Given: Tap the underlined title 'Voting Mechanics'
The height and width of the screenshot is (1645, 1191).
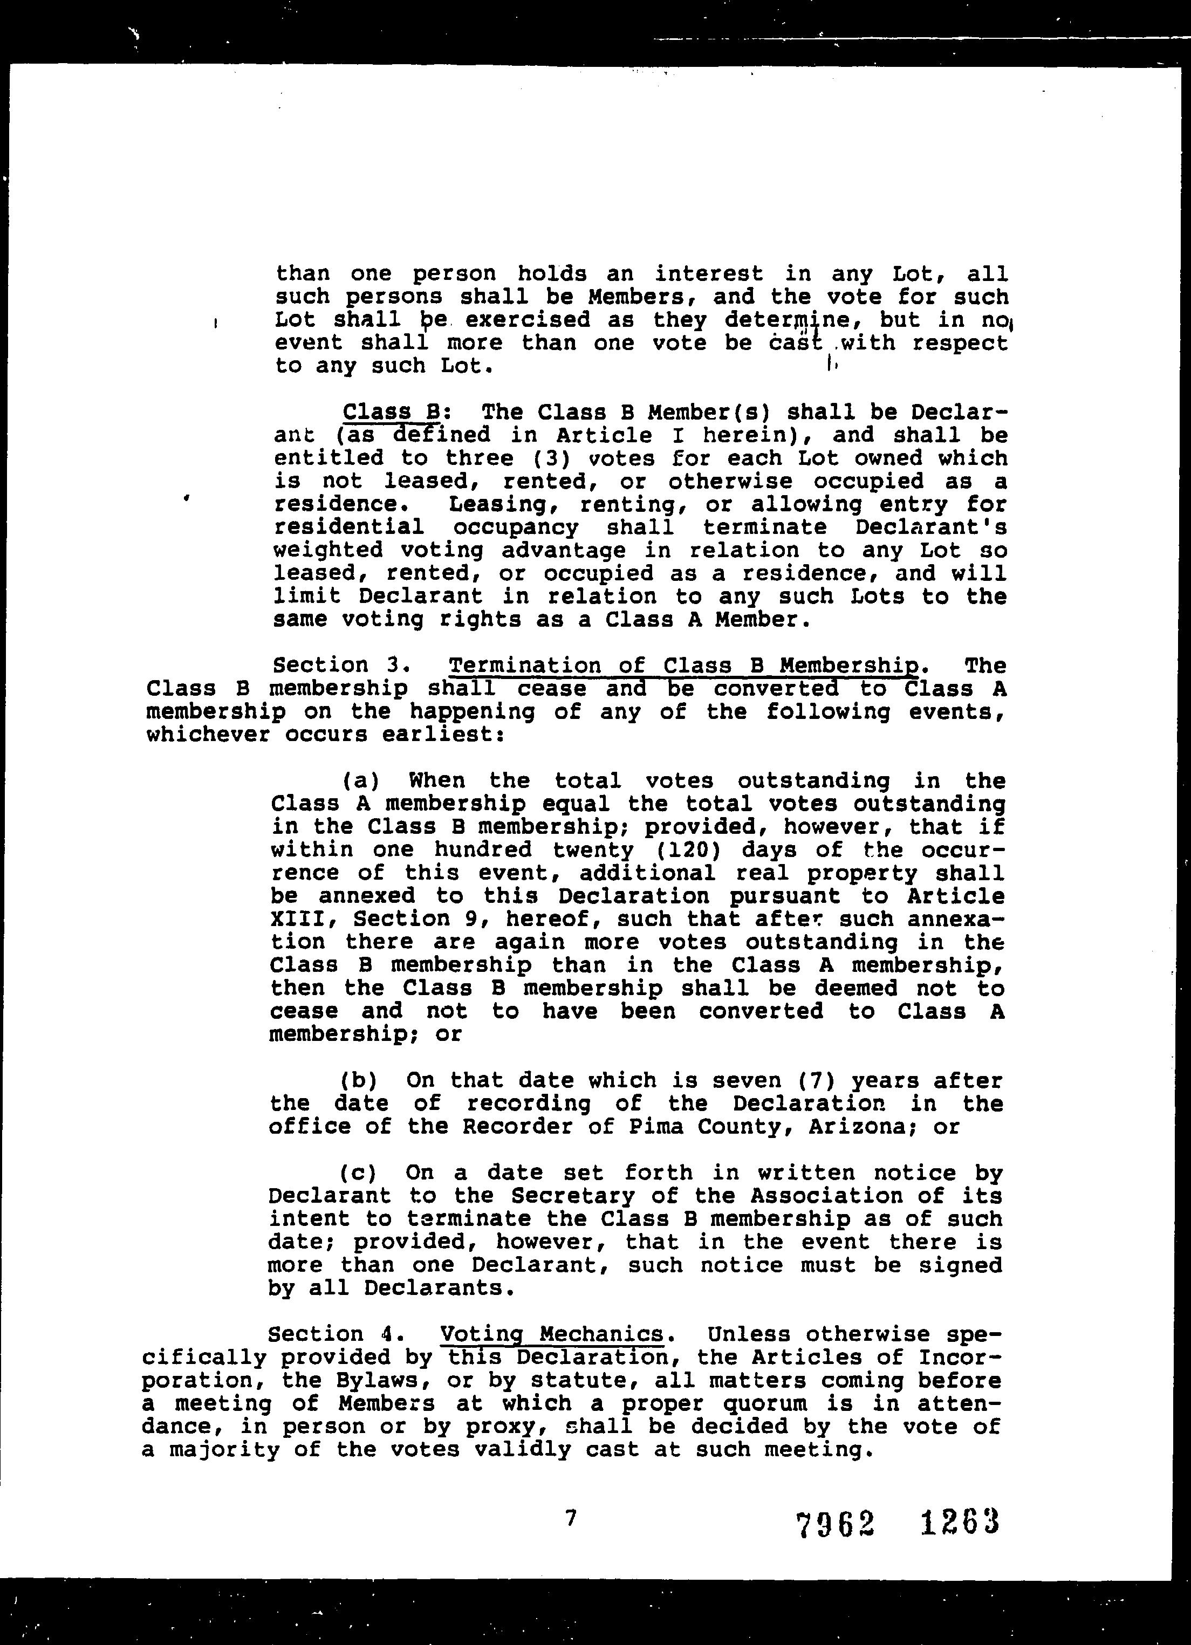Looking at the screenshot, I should coord(551,1334).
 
